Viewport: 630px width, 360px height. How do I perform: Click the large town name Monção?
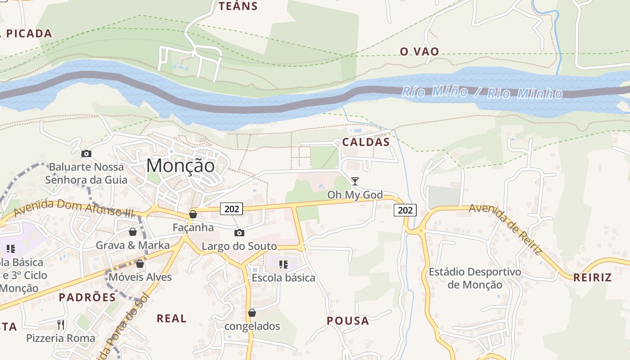[180, 166]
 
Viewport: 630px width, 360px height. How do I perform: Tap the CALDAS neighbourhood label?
[365, 142]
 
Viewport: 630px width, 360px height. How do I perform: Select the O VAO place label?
[419, 51]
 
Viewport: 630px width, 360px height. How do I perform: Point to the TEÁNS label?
[238, 6]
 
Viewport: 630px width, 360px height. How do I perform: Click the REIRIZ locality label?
[592, 277]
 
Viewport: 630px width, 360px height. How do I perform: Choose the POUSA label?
[348, 321]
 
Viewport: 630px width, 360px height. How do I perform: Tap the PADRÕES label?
[87, 297]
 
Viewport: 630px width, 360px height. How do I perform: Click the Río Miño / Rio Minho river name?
[481, 93]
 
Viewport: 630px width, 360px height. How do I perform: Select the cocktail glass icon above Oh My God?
[355, 181]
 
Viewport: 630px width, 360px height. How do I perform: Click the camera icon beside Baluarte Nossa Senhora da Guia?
[86, 154]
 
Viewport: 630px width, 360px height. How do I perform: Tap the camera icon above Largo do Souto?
[239, 233]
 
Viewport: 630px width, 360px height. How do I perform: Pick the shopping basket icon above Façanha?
[193, 214]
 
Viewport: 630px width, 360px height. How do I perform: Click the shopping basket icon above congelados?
[252, 313]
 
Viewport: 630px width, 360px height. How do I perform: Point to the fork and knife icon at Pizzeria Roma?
[61, 324]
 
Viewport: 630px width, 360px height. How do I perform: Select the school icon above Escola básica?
[283, 265]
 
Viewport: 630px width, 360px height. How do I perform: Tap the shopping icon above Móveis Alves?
[140, 264]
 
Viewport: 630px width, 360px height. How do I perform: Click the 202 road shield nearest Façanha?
[232, 208]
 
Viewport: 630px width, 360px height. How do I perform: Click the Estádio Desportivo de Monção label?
[475, 278]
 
